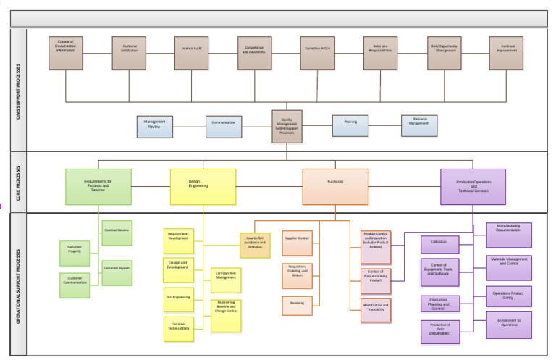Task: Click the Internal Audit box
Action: click(x=193, y=53)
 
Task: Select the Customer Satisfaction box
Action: click(x=130, y=53)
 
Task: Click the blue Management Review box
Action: click(x=154, y=126)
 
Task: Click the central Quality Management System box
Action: click(x=287, y=127)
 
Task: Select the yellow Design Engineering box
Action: click(x=203, y=187)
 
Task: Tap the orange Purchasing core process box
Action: click(x=335, y=187)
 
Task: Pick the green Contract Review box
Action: click(x=117, y=231)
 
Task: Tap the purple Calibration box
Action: click(x=439, y=242)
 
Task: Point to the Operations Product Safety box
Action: click(x=508, y=296)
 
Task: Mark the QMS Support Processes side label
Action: click(x=18, y=91)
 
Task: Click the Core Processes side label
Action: click(x=18, y=182)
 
